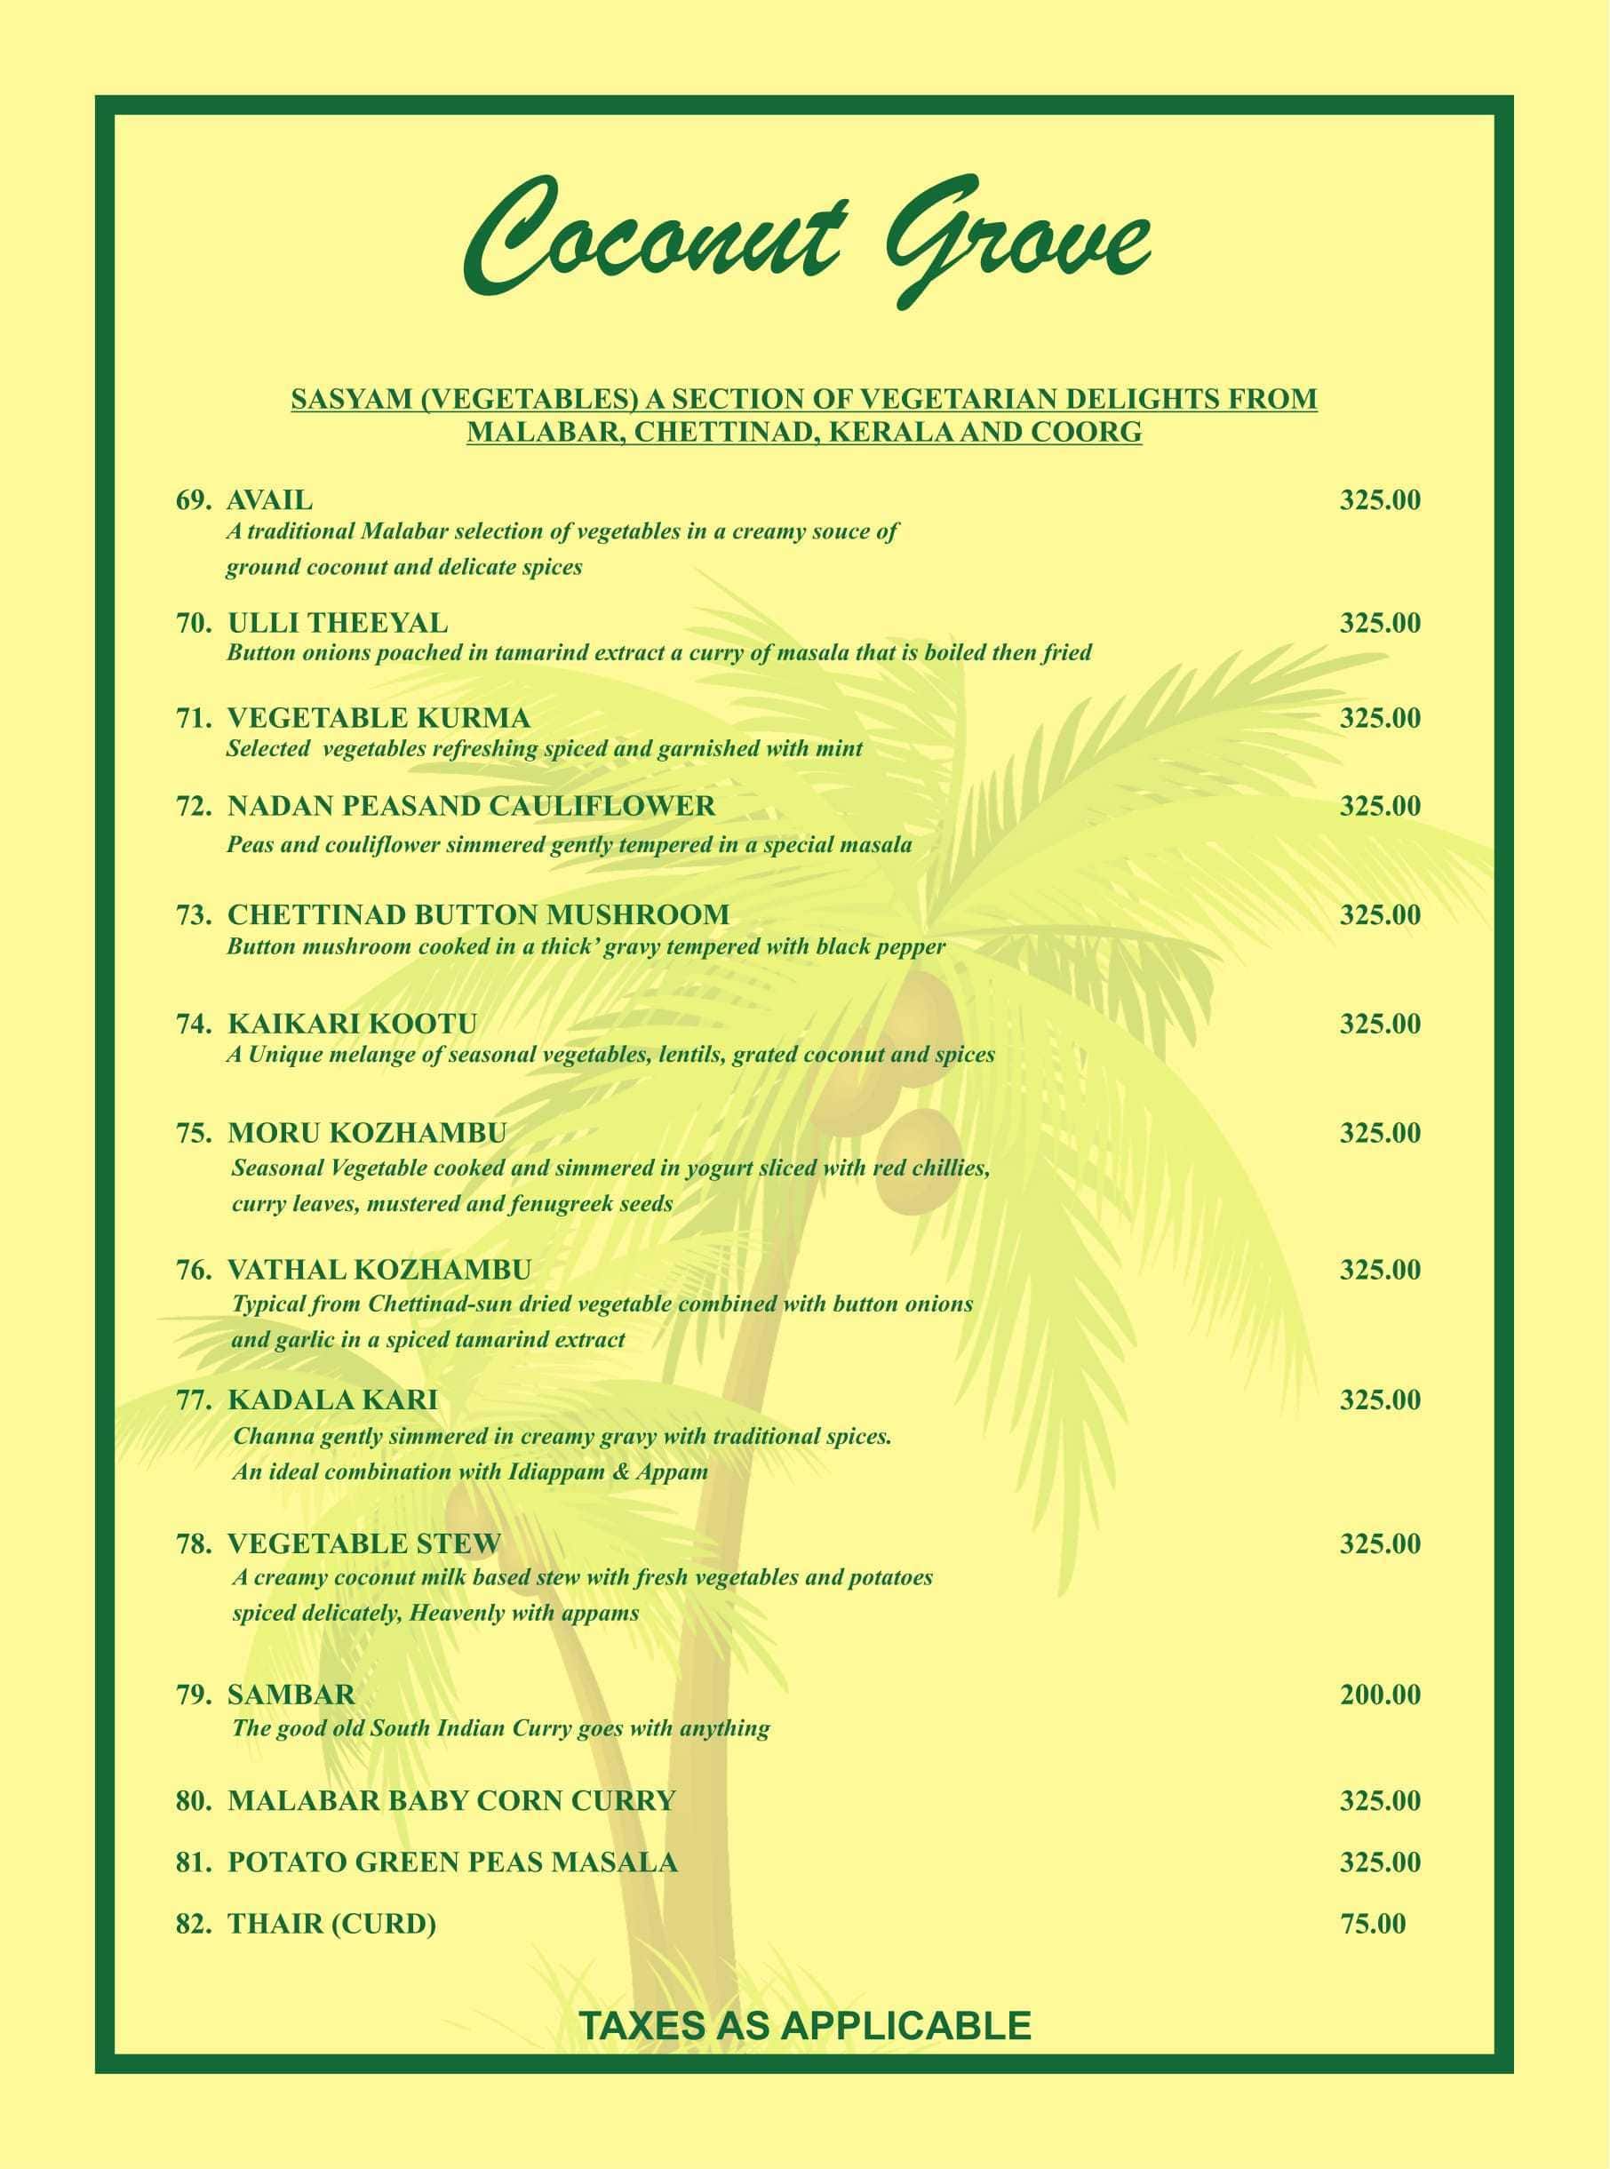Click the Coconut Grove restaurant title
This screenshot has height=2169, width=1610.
(x=805, y=239)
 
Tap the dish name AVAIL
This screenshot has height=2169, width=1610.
(x=270, y=500)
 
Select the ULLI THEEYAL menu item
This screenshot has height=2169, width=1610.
(x=338, y=623)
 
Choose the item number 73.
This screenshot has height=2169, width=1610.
(x=193, y=915)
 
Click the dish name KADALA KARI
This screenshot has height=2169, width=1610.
(x=332, y=1400)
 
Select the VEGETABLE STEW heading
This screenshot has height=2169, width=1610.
(x=363, y=1544)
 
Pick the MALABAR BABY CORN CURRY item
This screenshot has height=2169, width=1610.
(x=451, y=1799)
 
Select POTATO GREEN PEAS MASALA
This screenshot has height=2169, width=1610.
(x=452, y=1862)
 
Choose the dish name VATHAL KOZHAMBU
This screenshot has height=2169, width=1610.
(x=379, y=1270)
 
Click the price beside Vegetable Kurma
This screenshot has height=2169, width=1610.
(x=1379, y=718)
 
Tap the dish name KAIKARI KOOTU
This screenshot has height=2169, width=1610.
(x=352, y=1025)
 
